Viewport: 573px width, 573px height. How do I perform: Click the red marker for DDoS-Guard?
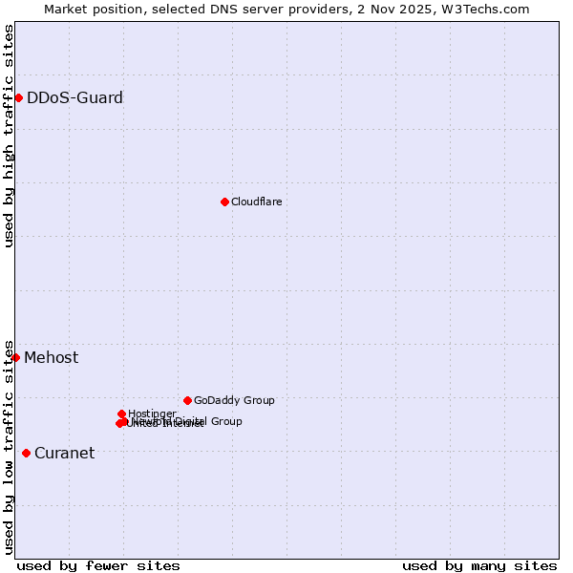pyautogui.click(x=18, y=97)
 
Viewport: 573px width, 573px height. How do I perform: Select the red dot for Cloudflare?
pyautogui.click(x=224, y=202)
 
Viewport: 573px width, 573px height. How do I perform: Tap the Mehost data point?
pyautogui.click(x=15, y=357)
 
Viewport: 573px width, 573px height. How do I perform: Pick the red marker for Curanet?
pyautogui.click(x=26, y=453)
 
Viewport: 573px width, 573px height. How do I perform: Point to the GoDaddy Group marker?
pyautogui.click(x=187, y=400)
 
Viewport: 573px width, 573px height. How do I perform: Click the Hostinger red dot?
pyautogui.click(x=121, y=414)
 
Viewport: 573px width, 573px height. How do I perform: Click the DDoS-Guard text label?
pyautogui.click(x=74, y=97)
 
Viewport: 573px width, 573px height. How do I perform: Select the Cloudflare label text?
pyautogui.click(x=256, y=202)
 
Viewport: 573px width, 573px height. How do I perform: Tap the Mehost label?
pyautogui.click(x=52, y=358)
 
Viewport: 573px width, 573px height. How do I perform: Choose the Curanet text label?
pyautogui.click(x=64, y=453)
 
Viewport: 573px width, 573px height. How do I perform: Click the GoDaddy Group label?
pyautogui.click(x=234, y=400)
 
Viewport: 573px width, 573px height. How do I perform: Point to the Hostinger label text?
pyautogui.click(x=152, y=414)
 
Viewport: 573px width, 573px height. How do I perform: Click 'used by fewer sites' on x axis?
pyautogui.click(x=98, y=565)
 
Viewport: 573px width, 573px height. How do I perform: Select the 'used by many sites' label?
pyautogui.click(x=479, y=565)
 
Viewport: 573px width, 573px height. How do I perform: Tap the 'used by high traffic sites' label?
pyautogui.click(x=9, y=136)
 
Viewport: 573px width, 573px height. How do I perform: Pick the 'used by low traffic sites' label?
pyautogui.click(x=9, y=446)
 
